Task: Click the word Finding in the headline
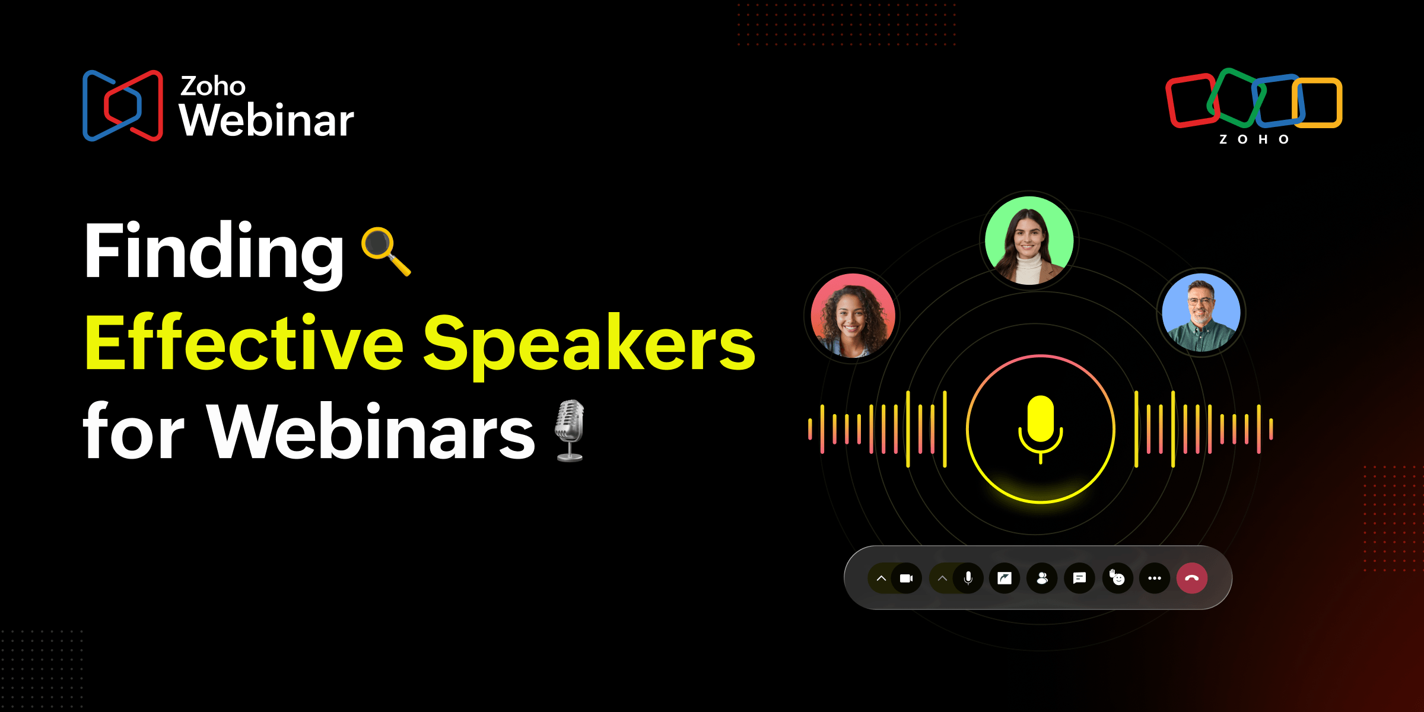214,252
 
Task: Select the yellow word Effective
244,344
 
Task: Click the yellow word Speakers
589,344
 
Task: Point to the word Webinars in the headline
370,432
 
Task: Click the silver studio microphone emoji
570,430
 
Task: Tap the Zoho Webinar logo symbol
123,106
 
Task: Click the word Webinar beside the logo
266,120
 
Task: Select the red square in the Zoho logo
1191,101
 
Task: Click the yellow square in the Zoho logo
1318,102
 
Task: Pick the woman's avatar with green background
1029,240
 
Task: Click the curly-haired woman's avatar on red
853,316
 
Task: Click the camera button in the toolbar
906,578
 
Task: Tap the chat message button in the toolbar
1079,578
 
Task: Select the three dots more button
1154,578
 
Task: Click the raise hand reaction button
1117,578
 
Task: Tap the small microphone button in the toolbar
968,578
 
